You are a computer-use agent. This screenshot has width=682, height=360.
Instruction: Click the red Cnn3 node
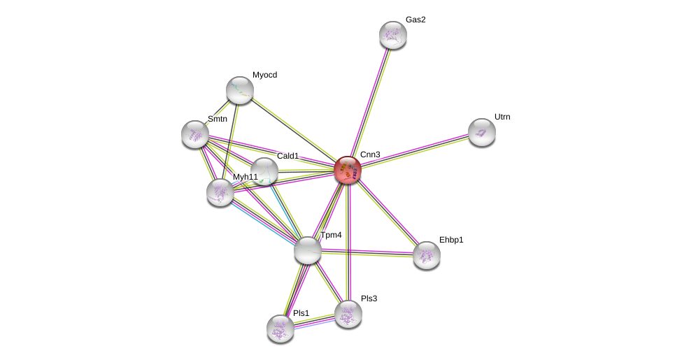coord(348,170)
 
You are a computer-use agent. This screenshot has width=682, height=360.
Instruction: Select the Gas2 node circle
coord(393,35)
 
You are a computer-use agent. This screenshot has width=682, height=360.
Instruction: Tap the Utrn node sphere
coord(481,132)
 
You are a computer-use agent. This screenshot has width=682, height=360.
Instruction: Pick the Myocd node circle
coord(240,90)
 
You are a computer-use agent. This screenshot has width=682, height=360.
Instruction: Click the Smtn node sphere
coord(195,134)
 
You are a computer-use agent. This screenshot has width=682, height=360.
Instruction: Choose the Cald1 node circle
coord(264,171)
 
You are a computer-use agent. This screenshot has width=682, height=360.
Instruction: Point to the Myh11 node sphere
coord(220,192)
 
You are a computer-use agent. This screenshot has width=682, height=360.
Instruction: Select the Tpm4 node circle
coord(307,250)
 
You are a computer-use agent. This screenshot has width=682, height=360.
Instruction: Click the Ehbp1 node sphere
coord(426,255)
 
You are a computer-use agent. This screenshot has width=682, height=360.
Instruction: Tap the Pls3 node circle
coord(348,314)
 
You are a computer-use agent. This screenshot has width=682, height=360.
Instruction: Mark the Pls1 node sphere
coord(280,329)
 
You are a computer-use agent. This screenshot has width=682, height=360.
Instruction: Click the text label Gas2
coord(415,20)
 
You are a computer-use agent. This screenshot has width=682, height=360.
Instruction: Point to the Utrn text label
coord(502,117)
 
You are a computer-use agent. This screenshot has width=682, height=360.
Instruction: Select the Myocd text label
coord(264,75)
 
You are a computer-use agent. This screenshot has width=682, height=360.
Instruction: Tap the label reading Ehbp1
coord(451,240)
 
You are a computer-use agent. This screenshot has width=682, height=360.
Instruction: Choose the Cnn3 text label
coord(370,154)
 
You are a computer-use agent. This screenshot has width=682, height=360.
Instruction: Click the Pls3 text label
coord(369,298)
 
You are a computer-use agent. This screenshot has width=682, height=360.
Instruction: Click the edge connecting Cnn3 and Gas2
coord(371,101)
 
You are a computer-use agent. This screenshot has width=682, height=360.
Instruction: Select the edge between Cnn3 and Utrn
coord(415,151)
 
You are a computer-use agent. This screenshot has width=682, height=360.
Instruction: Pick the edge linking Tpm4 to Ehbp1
coord(367,252)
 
